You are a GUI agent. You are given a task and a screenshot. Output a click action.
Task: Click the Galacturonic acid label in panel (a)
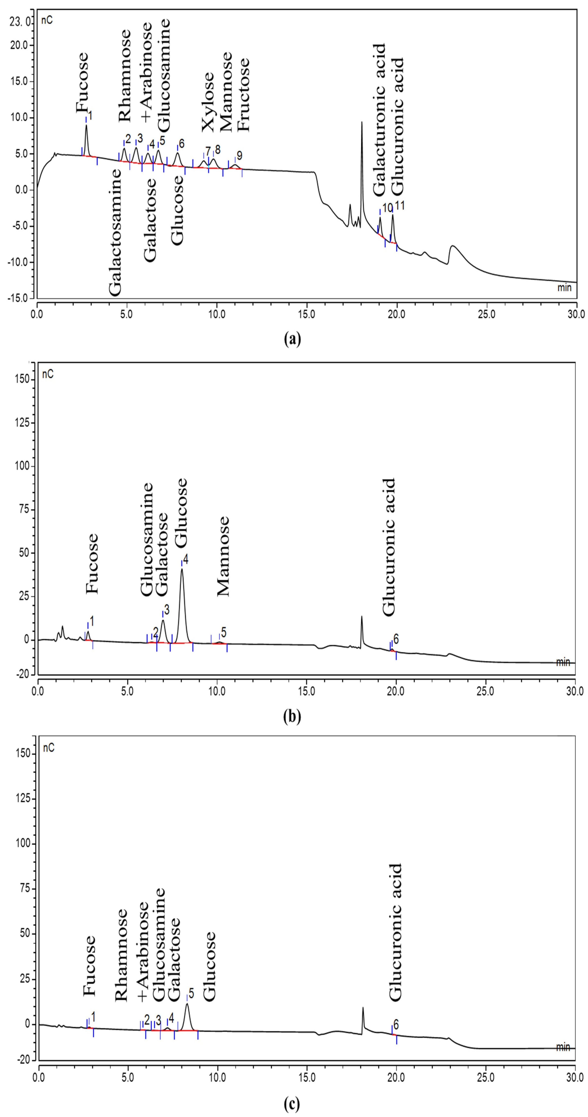pos(380,119)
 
